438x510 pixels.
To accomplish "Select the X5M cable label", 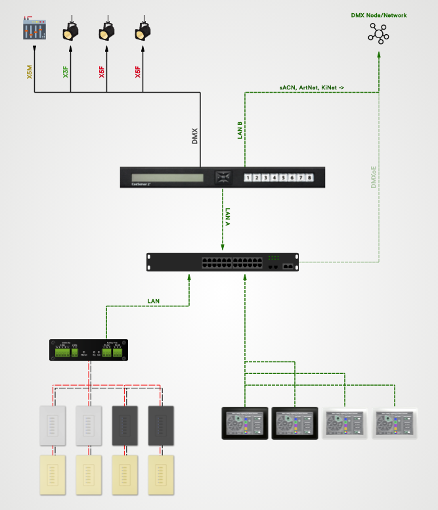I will (29, 73).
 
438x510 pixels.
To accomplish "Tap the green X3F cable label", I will (65, 73).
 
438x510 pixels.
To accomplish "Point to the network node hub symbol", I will (378, 34).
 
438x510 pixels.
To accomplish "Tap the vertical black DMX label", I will (194, 136).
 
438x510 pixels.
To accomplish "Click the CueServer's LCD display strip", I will (167, 177).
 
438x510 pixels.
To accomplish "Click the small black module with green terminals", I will (89, 350).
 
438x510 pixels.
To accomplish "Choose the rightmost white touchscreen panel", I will (395, 423).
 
